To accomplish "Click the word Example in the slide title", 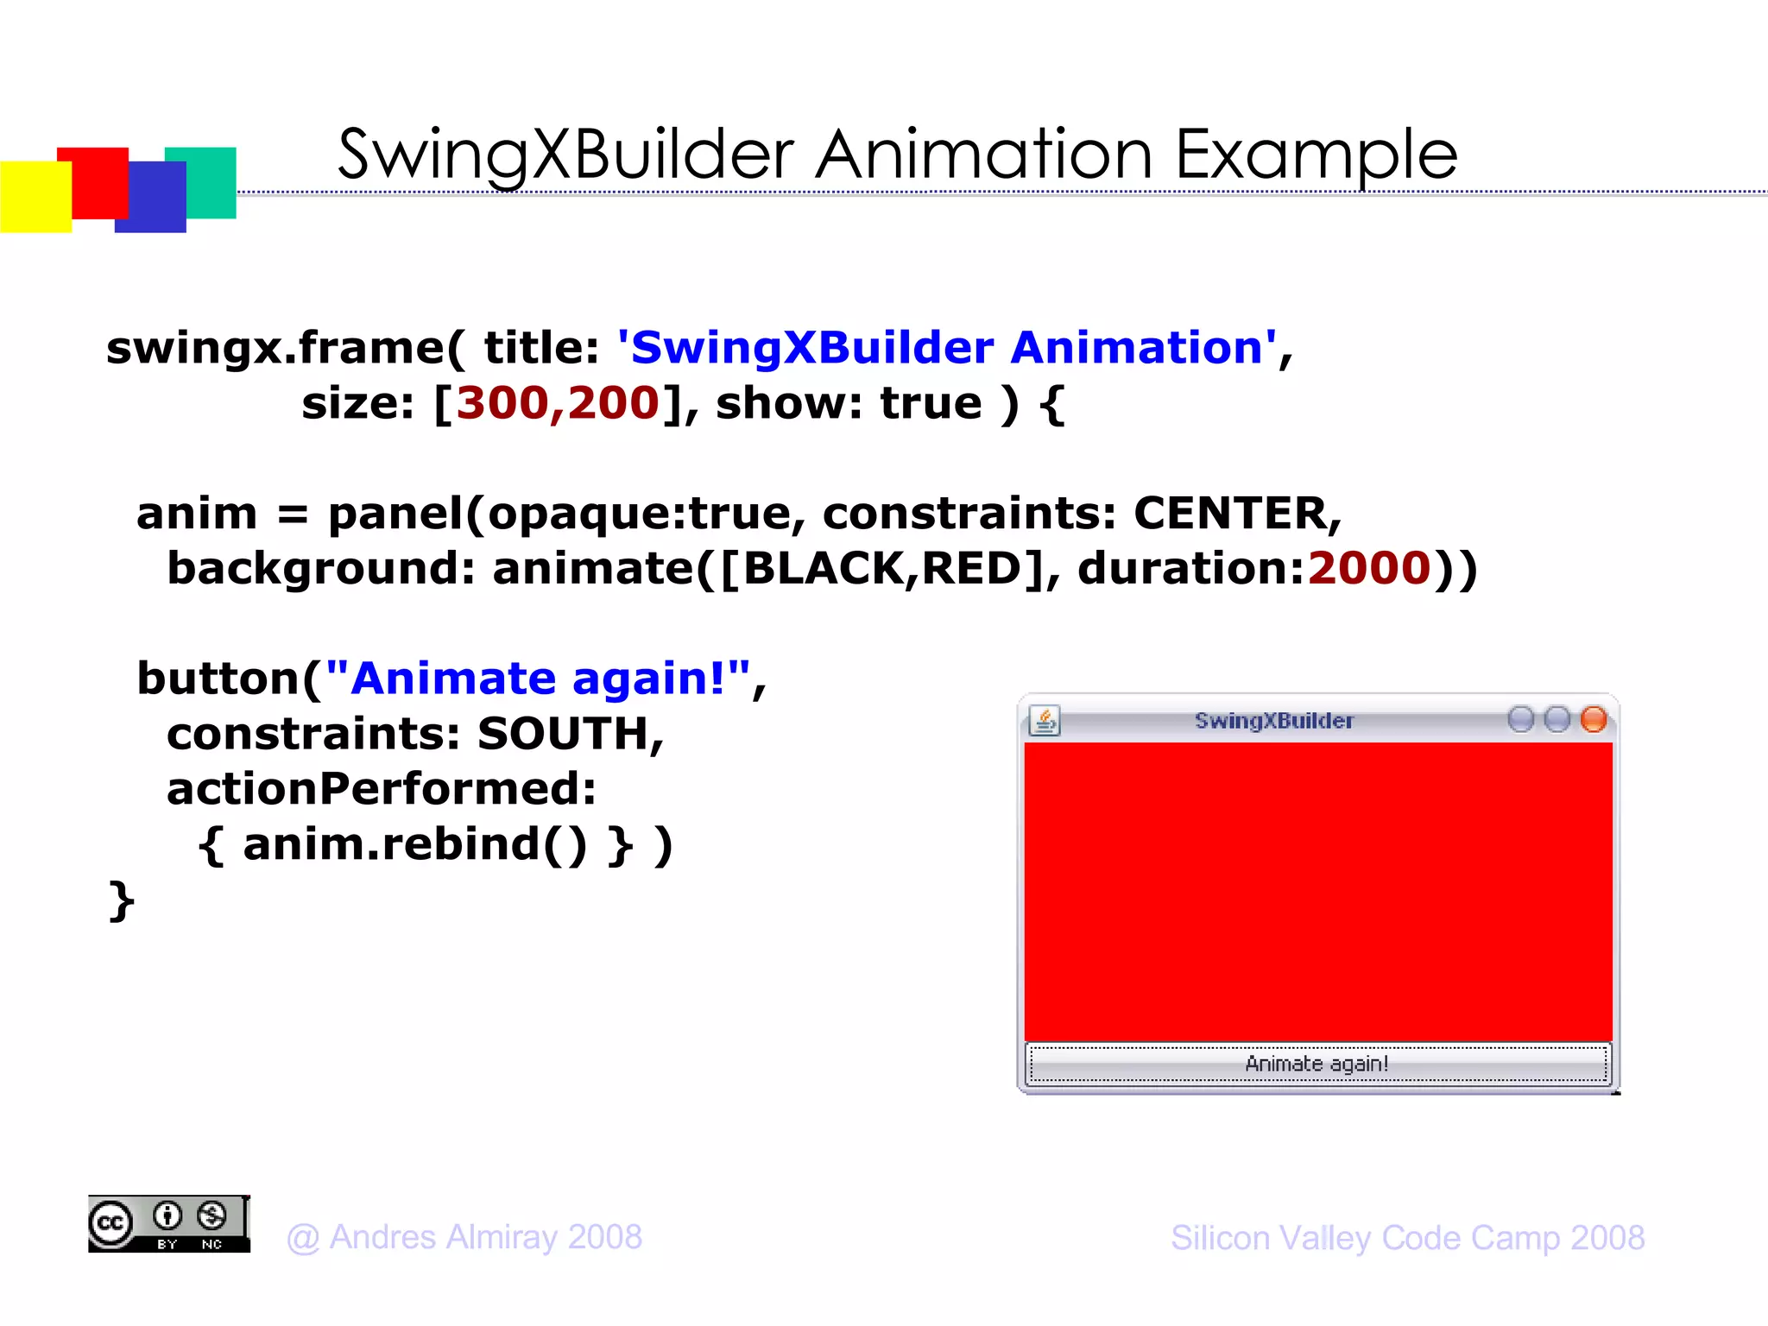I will pos(1316,155).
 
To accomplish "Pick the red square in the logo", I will pos(92,177).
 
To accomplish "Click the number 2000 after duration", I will pos(1369,568).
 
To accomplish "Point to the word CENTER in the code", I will pos(1229,513).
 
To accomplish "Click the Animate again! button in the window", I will pos(1317,1064).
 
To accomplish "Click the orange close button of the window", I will pos(1593,719).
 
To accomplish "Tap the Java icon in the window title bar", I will pos(1045,720).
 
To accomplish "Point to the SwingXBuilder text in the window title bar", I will pos(1273,721).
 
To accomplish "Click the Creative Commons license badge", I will pos(168,1224).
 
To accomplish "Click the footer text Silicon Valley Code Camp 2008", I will pos(1407,1237).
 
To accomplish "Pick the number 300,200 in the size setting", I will pos(558,403).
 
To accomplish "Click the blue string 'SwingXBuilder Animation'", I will pos(946,348).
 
